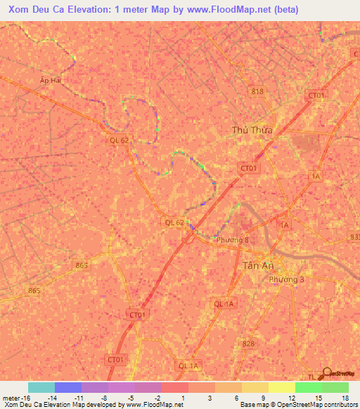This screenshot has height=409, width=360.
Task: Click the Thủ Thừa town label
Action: (x=252, y=129)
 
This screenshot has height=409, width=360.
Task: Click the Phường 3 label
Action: (x=287, y=279)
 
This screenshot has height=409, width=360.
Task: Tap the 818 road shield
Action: (x=257, y=91)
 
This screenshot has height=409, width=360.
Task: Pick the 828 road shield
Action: (x=247, y=343)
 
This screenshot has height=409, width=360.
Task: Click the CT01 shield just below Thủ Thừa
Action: (x=250, y=168)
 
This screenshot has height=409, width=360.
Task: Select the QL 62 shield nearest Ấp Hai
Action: (x=119, y=140)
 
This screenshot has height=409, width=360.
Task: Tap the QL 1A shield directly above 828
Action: (x=224, y=303)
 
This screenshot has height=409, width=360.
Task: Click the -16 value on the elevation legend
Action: (x=14, y=397)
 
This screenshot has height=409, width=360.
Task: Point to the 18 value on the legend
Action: (x=344, y=397)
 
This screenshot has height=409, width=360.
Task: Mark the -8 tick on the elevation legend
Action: (x=103, y=397)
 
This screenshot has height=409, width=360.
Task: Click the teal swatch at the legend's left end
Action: (x=41, y=387)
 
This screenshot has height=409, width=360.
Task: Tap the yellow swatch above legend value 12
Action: (x=281, y=387)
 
